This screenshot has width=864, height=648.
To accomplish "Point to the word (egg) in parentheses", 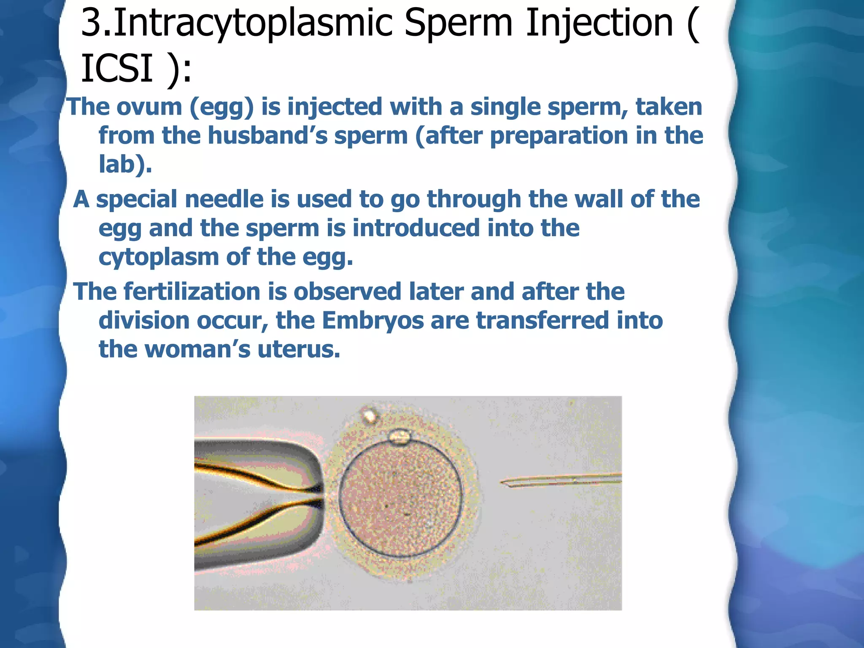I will point(221,108).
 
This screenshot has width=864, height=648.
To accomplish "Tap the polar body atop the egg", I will point(399,437).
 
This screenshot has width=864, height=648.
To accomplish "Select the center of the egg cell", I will point(401,498).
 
